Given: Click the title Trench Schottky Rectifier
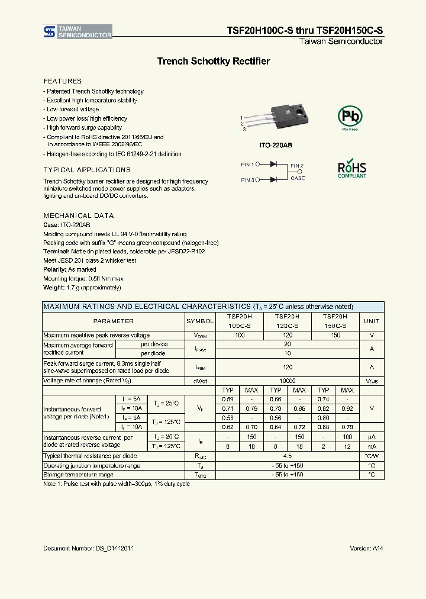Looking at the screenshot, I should [x=213, y=62].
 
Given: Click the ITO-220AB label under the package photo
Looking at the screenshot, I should [x=276, y=145].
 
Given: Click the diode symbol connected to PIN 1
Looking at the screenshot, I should [x=273, y=165].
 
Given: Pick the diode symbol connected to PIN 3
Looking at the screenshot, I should [x=273, y=179].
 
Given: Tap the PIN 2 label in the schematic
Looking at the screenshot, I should [x=297, y=166].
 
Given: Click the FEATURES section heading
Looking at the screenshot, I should [x=63, y=81].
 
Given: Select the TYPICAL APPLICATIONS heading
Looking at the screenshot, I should [x=87, y=170].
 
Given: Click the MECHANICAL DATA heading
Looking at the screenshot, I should [x=79, y=216].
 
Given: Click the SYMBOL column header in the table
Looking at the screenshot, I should [x=200, y=321].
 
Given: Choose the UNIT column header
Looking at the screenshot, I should [x=372, y=321].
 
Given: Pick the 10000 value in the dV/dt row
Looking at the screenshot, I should [x=288, y=381].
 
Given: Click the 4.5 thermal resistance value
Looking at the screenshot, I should [x=288, y=456].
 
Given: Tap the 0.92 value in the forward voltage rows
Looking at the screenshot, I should [x=347, y=409].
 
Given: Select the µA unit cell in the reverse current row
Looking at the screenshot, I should [x=372, y=437].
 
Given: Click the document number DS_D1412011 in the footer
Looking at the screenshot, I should [x=88, y=549].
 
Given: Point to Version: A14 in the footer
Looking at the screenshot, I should [x=366, y=549].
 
